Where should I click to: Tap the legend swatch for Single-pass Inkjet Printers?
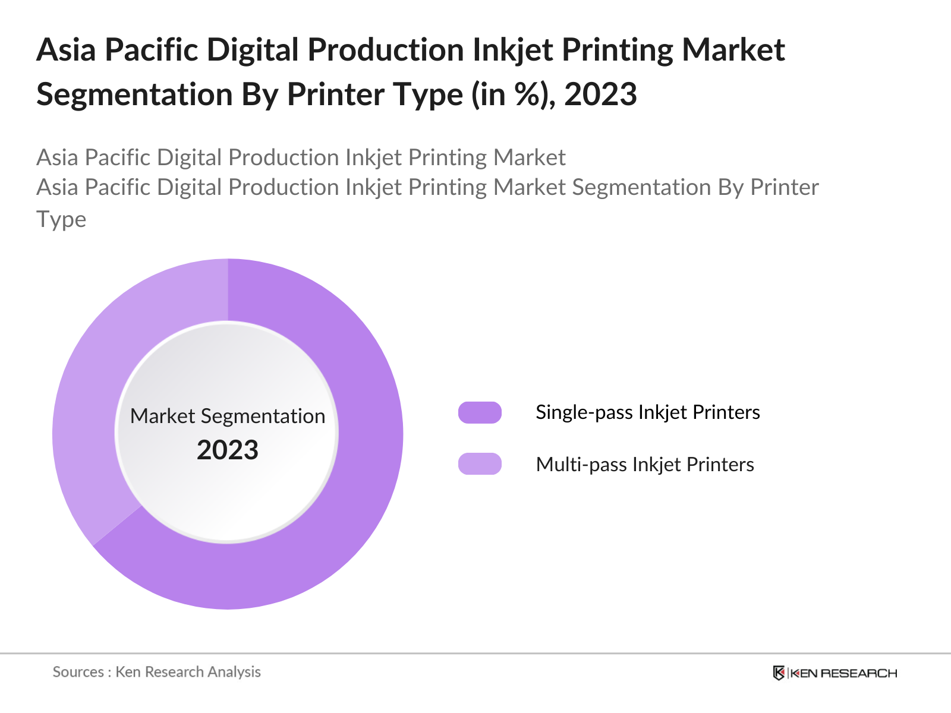point(480,412)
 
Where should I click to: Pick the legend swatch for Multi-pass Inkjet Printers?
point(480,464)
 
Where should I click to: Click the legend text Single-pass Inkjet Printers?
point(647,412)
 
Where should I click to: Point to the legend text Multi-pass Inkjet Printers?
point(644,464)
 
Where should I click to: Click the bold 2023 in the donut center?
point(228,450)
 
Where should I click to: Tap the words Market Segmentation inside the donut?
point(228,416)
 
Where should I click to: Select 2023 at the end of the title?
point(600,94)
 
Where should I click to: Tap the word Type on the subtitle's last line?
point(61,219)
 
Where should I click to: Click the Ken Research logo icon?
point(779,673)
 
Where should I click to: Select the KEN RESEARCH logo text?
point(843,673)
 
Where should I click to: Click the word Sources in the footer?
point(78,672)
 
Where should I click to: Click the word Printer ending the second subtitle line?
point(785,188)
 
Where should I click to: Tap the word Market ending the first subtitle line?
point(530,157)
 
